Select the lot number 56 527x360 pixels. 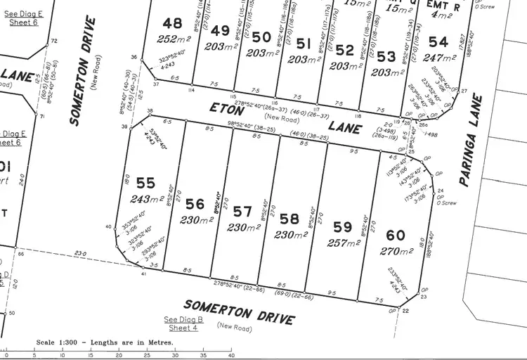pyautogui.click(x=196, y=204)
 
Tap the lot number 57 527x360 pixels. pyautogui.click(x=242, y=212)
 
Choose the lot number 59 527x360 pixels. pyautogui.click(x=343, y=227)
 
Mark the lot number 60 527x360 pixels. pyautogui.click(x=396, y=235)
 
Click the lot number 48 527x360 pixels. pyautogui.click(x=172, y=22)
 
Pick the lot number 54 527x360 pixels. pyautogui.click(x=438, y=42)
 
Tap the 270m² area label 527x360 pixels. pyautogui.click(x=396, y=250)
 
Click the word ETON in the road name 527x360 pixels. pyautogui.click(x=226, y=108)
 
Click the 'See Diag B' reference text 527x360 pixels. pyautogui.click(x=183, y=319)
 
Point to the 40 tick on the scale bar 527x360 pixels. pyautogui.click(x=231, y=355)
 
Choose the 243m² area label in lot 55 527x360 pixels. pyautogui.click(x=146, y=200)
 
